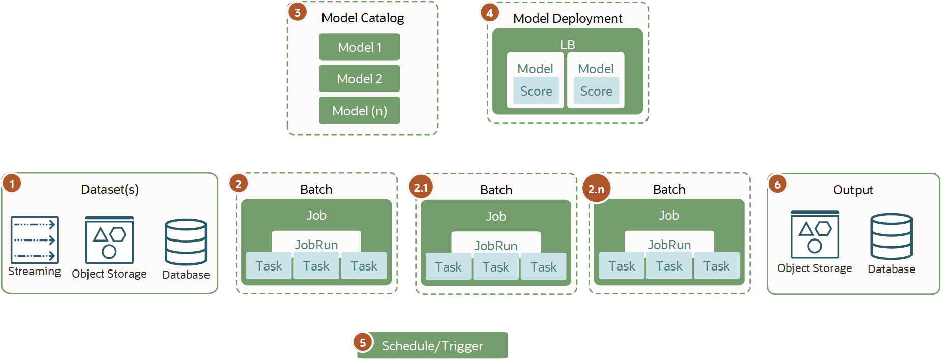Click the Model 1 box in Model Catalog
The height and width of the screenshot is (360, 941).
click(x=359, y=47)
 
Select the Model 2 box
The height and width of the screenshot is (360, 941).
click(x=359, y=78)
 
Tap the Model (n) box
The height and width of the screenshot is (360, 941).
click(x=359, y=110)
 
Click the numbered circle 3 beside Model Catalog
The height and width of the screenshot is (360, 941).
click(x=298, y=12)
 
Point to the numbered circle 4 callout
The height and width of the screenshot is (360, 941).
click(x=490, y=13)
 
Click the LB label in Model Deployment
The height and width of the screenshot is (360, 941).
click(x=567, y=45)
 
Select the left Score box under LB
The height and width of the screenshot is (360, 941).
click(x=536, y=91)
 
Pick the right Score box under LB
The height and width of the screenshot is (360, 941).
click(x=596, y=91)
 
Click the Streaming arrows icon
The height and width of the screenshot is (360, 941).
click(x=35, y=239)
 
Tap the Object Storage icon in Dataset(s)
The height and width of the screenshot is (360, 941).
click(x=109, y=240)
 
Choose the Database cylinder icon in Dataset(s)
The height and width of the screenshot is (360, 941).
click(x=186, y=242)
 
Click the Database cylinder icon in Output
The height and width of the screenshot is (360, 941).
click(x=891, y=236)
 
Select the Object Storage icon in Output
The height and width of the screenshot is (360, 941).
click(x=815, y=234)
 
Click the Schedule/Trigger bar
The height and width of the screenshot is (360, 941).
click(x=432, y=345)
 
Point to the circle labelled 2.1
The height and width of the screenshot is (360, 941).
click(x=421, y=187)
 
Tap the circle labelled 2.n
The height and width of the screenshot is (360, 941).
click(x=596, y=189)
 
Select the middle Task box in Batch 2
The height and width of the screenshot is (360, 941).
click(x=316, y=265)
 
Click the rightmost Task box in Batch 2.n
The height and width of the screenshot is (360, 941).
click(x=716, y=265)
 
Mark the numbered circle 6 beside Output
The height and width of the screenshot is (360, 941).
click(x=777, y=184)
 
